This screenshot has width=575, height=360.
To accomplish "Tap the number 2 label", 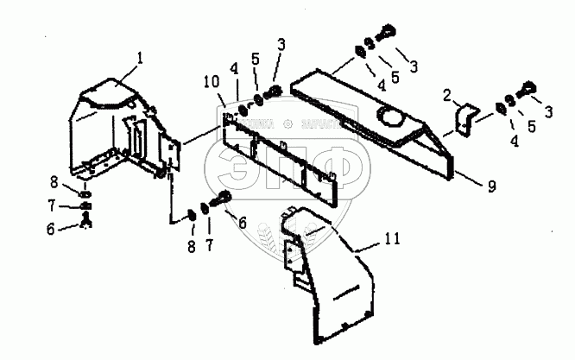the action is click(447, 93).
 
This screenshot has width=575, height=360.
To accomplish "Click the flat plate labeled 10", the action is click(276, 155).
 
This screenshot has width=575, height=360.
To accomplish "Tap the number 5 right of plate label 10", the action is click(254, 61).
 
